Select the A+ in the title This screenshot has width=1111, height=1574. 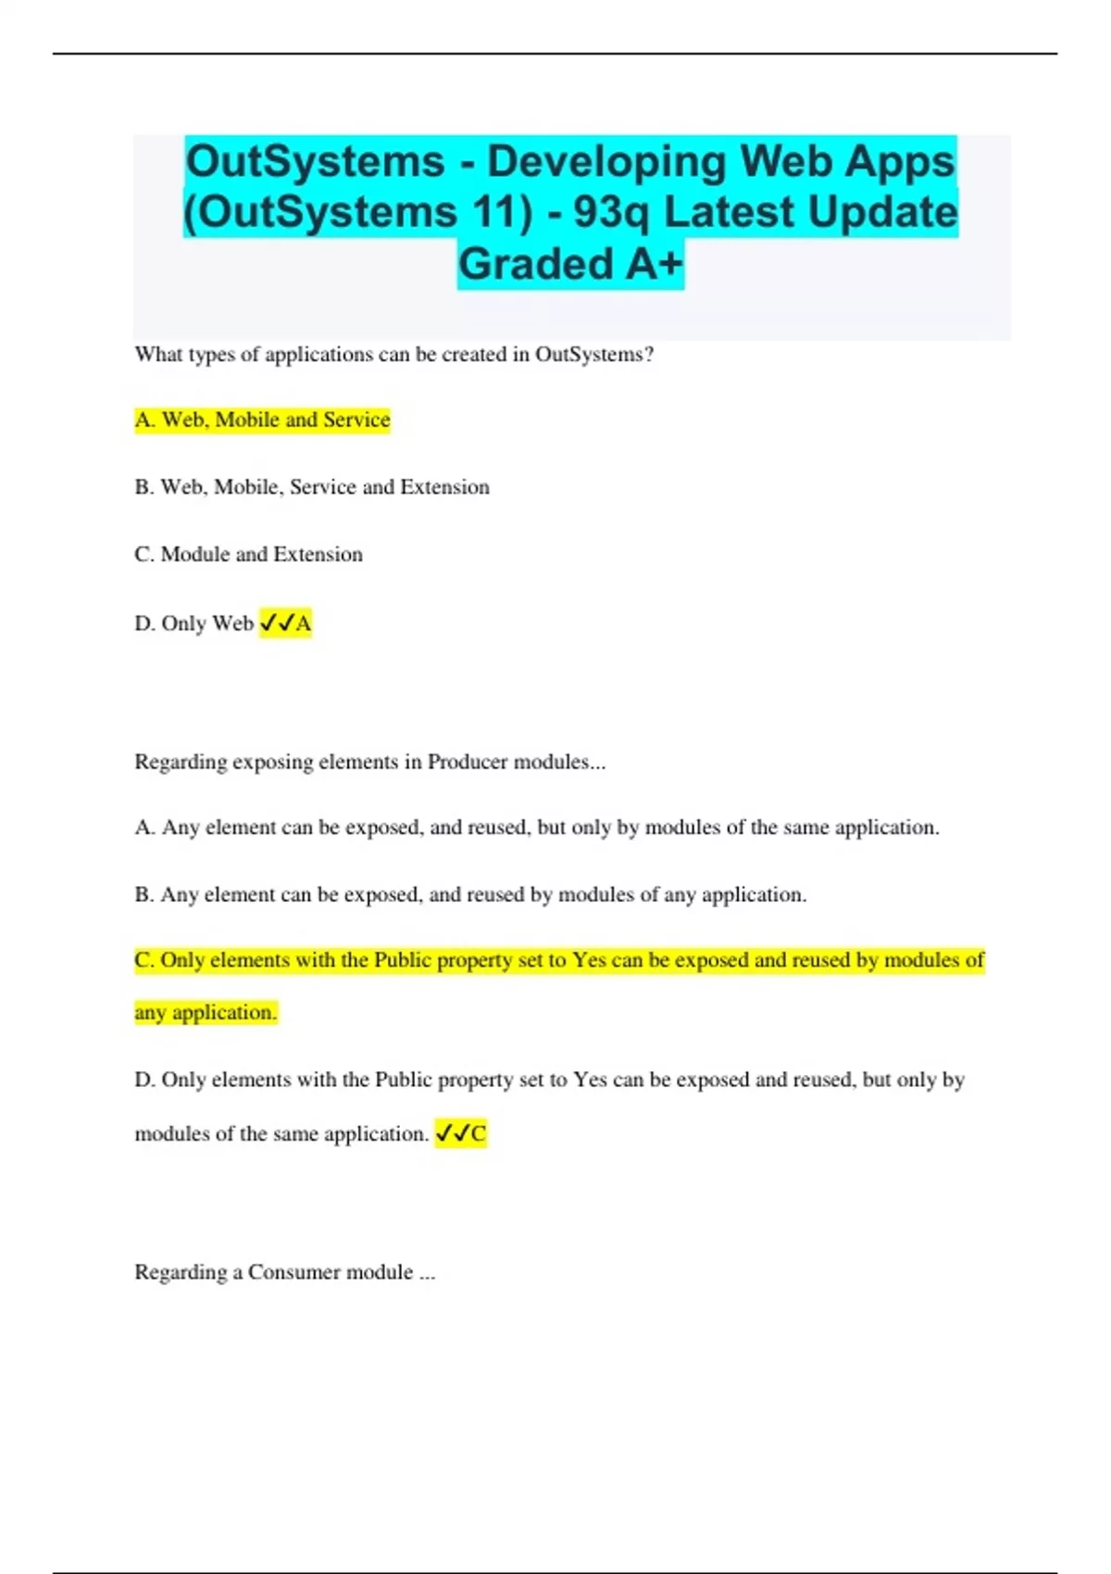[x=655, y=264]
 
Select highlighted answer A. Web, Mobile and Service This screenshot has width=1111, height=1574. [x=262, y=420]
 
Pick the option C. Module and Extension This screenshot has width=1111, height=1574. [x=248, y=555]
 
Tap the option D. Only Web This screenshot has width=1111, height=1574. [x=193, y=623]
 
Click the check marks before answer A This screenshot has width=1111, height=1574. [x=276, y=623]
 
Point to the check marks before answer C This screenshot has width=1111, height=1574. [x=451, y=1133]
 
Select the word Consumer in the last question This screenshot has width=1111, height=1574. [x=293, y=1272]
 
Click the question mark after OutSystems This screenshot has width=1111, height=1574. [x=649, y=355]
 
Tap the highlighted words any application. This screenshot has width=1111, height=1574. [x=206, y=1013]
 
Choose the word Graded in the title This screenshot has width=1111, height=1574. [x=535, y=264]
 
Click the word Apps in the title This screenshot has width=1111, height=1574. [x=899, y=161]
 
